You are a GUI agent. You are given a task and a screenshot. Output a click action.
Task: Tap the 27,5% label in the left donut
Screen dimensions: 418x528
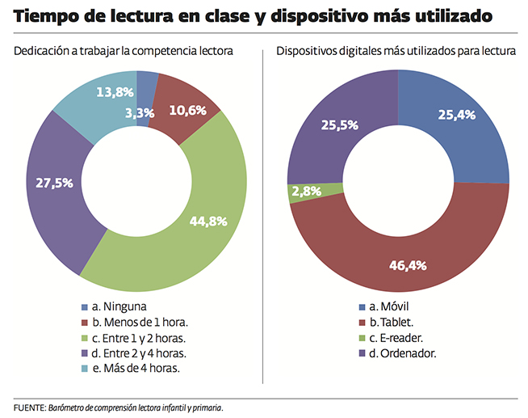[x=55, y=183]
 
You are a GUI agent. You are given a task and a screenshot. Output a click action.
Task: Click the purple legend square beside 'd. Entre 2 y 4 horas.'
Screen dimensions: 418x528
[x=84, y=353]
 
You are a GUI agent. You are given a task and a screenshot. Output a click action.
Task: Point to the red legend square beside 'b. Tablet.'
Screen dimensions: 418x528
[x=362, y=323]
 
